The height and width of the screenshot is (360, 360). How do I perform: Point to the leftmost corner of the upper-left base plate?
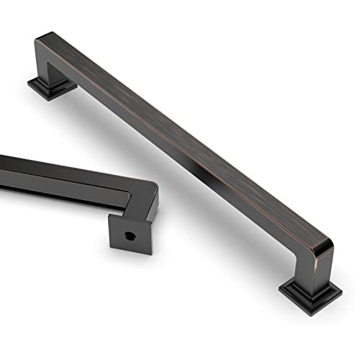(x=28, y=86)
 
